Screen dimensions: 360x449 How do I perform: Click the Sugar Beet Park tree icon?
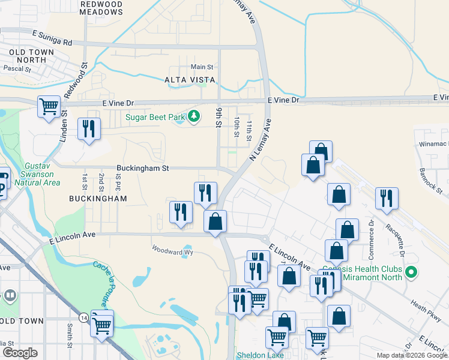[193, 116]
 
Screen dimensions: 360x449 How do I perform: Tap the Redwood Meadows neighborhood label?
[101, 8]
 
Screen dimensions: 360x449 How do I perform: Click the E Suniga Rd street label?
[52, 42]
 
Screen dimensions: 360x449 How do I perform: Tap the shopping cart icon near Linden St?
[49, 107]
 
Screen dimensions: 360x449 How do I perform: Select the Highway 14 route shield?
[82, 316]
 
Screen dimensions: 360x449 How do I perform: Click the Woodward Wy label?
[166, 249]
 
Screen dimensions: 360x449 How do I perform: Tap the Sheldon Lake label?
[259, 355]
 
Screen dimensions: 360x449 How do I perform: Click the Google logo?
[20, 353]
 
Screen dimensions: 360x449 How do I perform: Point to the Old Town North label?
[28, 56]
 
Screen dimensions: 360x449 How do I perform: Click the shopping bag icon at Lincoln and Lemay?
[215, 221]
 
